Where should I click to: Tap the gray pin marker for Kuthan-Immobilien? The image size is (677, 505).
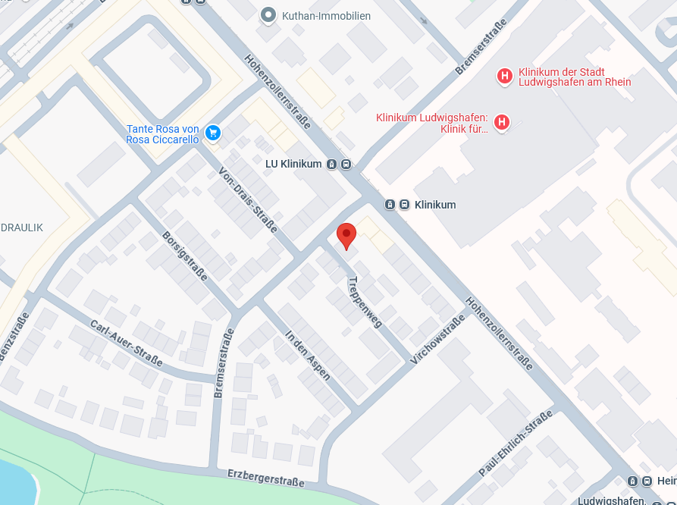pyautogui.click(x=267, y=14)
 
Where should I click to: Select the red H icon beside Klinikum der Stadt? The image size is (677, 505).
pyautogui.click(x=503, y=76)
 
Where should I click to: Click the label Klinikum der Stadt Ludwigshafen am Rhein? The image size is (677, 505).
pyautogui.click(x=575, y=77)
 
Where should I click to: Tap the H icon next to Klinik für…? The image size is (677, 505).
pyautogui.click(x=501, y=122)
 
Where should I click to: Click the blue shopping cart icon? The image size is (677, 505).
pyautogui.click(x=213, y=133)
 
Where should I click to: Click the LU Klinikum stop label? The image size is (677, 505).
pyautogui.click(x=293, y=164)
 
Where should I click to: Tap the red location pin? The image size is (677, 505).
pyautogui.click(x=346, y=235)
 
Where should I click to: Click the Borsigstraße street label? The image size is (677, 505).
pyautogui.click(x=184, y=256)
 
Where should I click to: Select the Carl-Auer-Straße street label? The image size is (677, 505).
pyautogui.click(x=126, y=343)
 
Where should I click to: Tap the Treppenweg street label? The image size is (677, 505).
pyautogui.click(x=365, y=301)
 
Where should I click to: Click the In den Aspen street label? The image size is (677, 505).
pyautogui.click(x=308, y=355)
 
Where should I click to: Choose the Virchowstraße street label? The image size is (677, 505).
pyautogui.click(x=437, y=339)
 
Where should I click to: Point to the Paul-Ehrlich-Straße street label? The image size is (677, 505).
pyautogui.click(x=516, y=444)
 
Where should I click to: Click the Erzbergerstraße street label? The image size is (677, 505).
pyautogui.click(x=265, y=478)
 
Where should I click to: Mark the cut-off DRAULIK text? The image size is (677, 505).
pyautogui.click(x=21, y=227)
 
